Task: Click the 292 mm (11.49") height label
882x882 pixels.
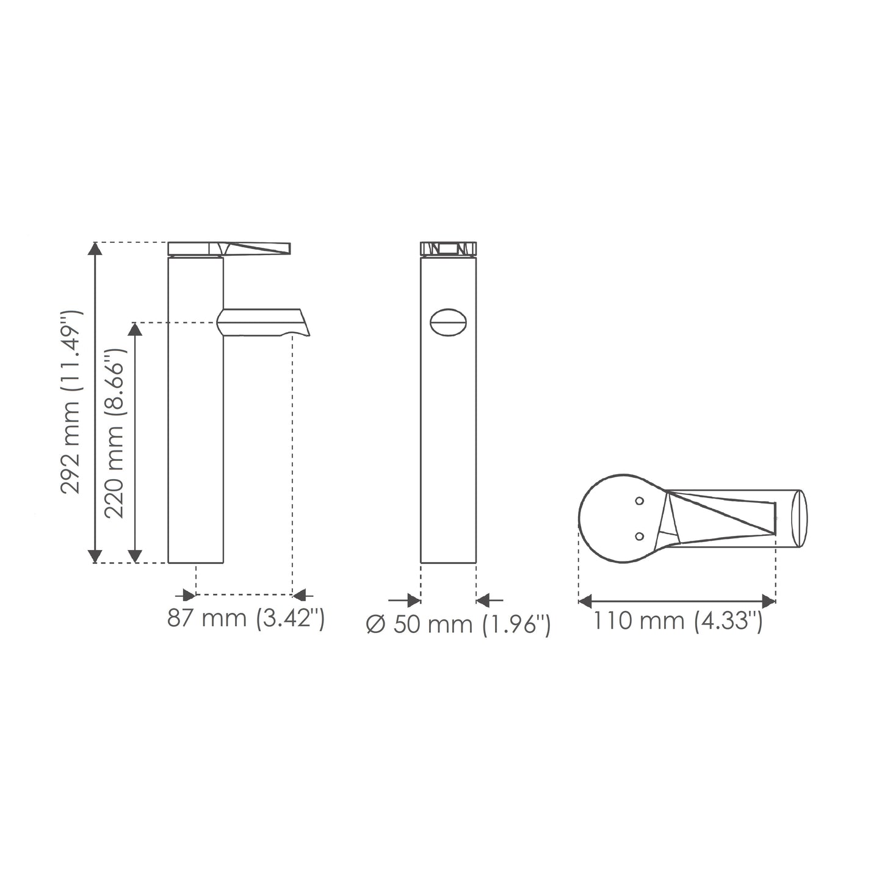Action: point(72,402)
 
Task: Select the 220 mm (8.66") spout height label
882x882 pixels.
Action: point(115,433)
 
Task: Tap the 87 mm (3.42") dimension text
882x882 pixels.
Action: point(245,619)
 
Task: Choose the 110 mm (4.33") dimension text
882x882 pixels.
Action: point(678,621)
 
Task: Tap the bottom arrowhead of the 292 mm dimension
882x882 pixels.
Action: point(95,555)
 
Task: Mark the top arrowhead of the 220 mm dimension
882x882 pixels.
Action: point(136,329)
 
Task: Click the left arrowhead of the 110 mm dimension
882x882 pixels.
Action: point(585,601)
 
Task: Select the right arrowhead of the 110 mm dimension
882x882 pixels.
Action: point(769,601)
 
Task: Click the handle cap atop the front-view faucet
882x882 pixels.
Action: point(448,248)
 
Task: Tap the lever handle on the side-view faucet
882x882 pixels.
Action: point(256,248)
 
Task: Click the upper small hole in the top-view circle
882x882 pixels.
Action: point(639,501)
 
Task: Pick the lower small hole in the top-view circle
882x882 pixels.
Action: point(639,536)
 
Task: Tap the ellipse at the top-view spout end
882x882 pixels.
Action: point(799,519)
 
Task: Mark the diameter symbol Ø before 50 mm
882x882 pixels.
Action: point(375,624)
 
